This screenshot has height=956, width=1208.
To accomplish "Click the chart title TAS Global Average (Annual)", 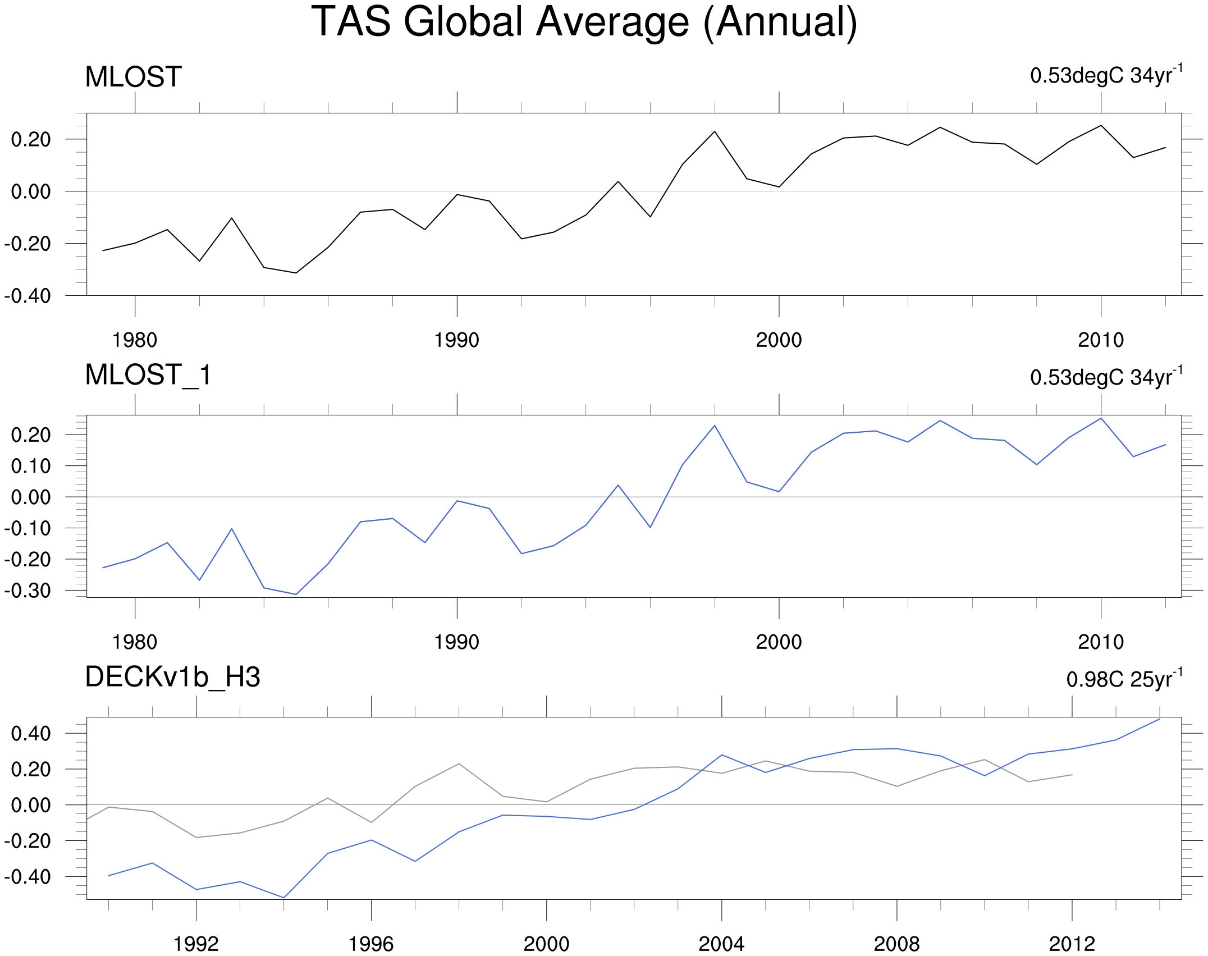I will [x=584, y=22].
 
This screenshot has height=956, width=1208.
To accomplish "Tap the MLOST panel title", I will [x=133, y=77].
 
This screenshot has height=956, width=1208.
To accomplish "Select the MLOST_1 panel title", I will [x=148, y=374].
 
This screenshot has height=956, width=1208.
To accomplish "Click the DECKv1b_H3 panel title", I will [x=172, y=677].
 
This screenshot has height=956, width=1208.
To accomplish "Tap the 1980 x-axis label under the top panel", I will [x=135, y=340].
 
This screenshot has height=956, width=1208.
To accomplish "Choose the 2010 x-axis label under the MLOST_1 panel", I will [x=1101, y=642].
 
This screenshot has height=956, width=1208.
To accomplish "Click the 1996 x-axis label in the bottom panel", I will [x=371, y=944].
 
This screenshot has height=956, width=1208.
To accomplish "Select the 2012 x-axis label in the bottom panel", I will [x=1072, y=944].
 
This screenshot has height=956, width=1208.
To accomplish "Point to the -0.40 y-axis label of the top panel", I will [x=28, y=296].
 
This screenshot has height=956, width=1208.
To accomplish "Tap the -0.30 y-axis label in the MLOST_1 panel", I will [x=28, y=591].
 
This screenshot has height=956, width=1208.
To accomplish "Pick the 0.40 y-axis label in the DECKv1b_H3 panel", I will [x=31, y=733].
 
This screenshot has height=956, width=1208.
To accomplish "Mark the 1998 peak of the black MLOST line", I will [x=715, y=131].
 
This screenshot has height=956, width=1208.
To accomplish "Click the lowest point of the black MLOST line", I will [x=296, y=273].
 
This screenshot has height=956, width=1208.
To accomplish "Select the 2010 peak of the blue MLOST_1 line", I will [x=1101, y=418].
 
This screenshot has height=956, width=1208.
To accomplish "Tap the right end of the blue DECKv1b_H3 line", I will [x=1160, y=719].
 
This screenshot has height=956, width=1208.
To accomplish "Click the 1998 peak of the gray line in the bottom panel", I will [x=459, y=763].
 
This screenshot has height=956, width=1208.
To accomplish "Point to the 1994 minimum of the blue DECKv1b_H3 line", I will [x=283, y=898].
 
